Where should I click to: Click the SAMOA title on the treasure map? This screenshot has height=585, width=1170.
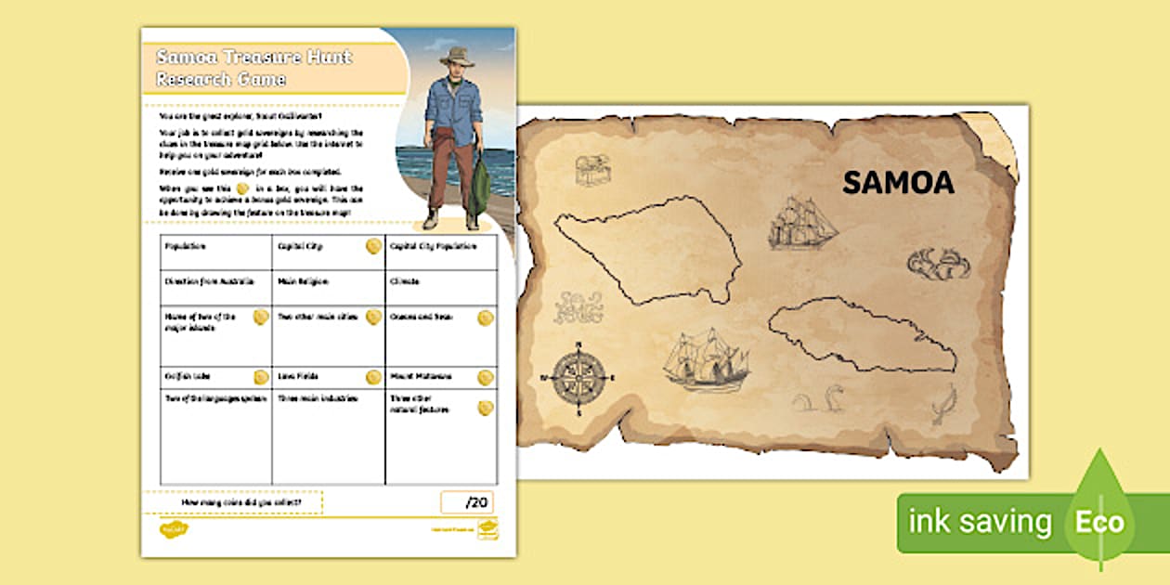pyautogui.click(x=897, y=183)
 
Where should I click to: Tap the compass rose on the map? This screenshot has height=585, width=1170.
pyautogui.click(x=578, y=378)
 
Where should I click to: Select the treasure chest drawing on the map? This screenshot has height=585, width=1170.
pyautogui.click(x=591, y=169)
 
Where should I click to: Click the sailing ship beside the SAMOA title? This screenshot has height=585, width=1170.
pyautogui.click(x=802, y=223)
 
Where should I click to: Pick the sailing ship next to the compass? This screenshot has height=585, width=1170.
pyautogui.click(x=708, y=359)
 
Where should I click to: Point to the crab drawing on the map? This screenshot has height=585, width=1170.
pyautogui.click(x=939, y=264)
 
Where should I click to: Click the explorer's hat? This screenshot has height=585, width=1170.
pyautogui.click(x=456, y=58)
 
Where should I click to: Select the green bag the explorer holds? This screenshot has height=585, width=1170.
pyautogui.click(x=479, y=187)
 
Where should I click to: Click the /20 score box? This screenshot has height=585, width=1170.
pyautogui.click(x=467, y=502)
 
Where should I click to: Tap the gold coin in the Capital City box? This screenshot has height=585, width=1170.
pyautogui.click(x=372, y=246)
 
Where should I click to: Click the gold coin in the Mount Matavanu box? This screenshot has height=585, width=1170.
pyautogui.click(x=485, y=377)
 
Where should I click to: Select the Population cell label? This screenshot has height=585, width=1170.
pyautogui.click(x=186, y=247)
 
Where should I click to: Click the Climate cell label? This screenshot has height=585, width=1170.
pyautogui.click(x=405, y=280)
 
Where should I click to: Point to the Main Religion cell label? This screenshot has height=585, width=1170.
pyautogui.click(x=303, y=280)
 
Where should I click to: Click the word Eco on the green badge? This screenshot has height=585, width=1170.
pyautogui.click(x=1099, y=522)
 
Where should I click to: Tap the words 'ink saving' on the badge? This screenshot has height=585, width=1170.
pyautogui.click(x=980, y=522)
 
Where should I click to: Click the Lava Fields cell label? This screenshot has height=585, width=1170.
pyautogui.click(x=297, y=377)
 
